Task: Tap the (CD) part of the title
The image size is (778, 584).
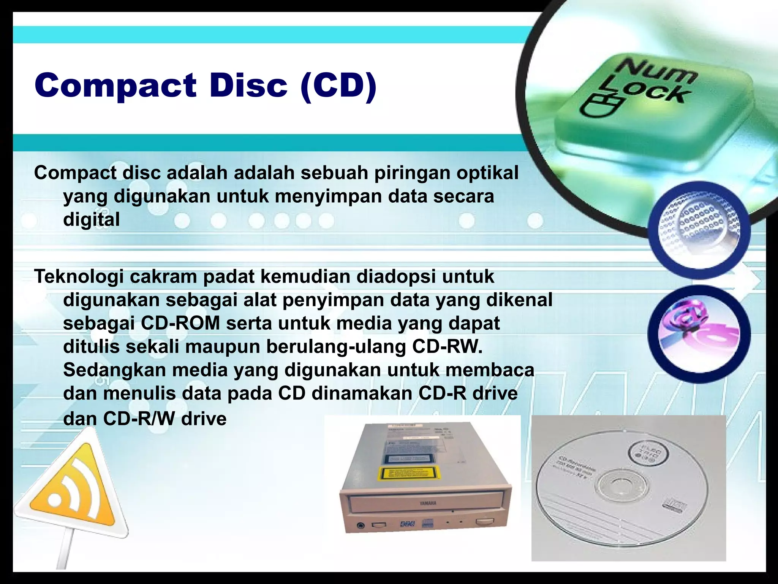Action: (338, 86)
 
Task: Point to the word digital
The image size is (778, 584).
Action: (91, 220)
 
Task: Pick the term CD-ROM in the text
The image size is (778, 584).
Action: (180, 324)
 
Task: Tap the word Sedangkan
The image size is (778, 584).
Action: (114, 370)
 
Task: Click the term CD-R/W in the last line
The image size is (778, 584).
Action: (139, 419)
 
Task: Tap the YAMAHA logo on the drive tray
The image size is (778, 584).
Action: (428, 503)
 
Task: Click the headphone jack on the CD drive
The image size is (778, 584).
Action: (360, 526)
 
